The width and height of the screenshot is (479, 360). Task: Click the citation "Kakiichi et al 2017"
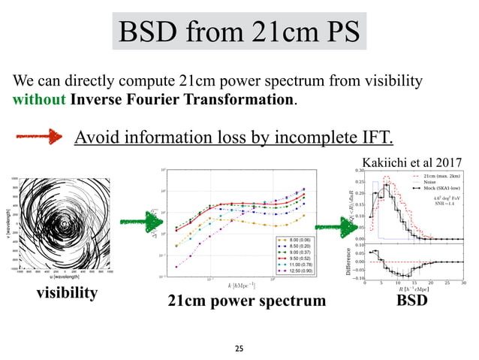coord(412,162)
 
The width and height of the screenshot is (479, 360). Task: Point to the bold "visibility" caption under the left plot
coord(67,293)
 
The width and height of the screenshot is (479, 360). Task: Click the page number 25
coord(239,349)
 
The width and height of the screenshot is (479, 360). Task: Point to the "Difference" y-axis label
coord(350,259)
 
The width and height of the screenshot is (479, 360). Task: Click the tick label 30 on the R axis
coord(463,283)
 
